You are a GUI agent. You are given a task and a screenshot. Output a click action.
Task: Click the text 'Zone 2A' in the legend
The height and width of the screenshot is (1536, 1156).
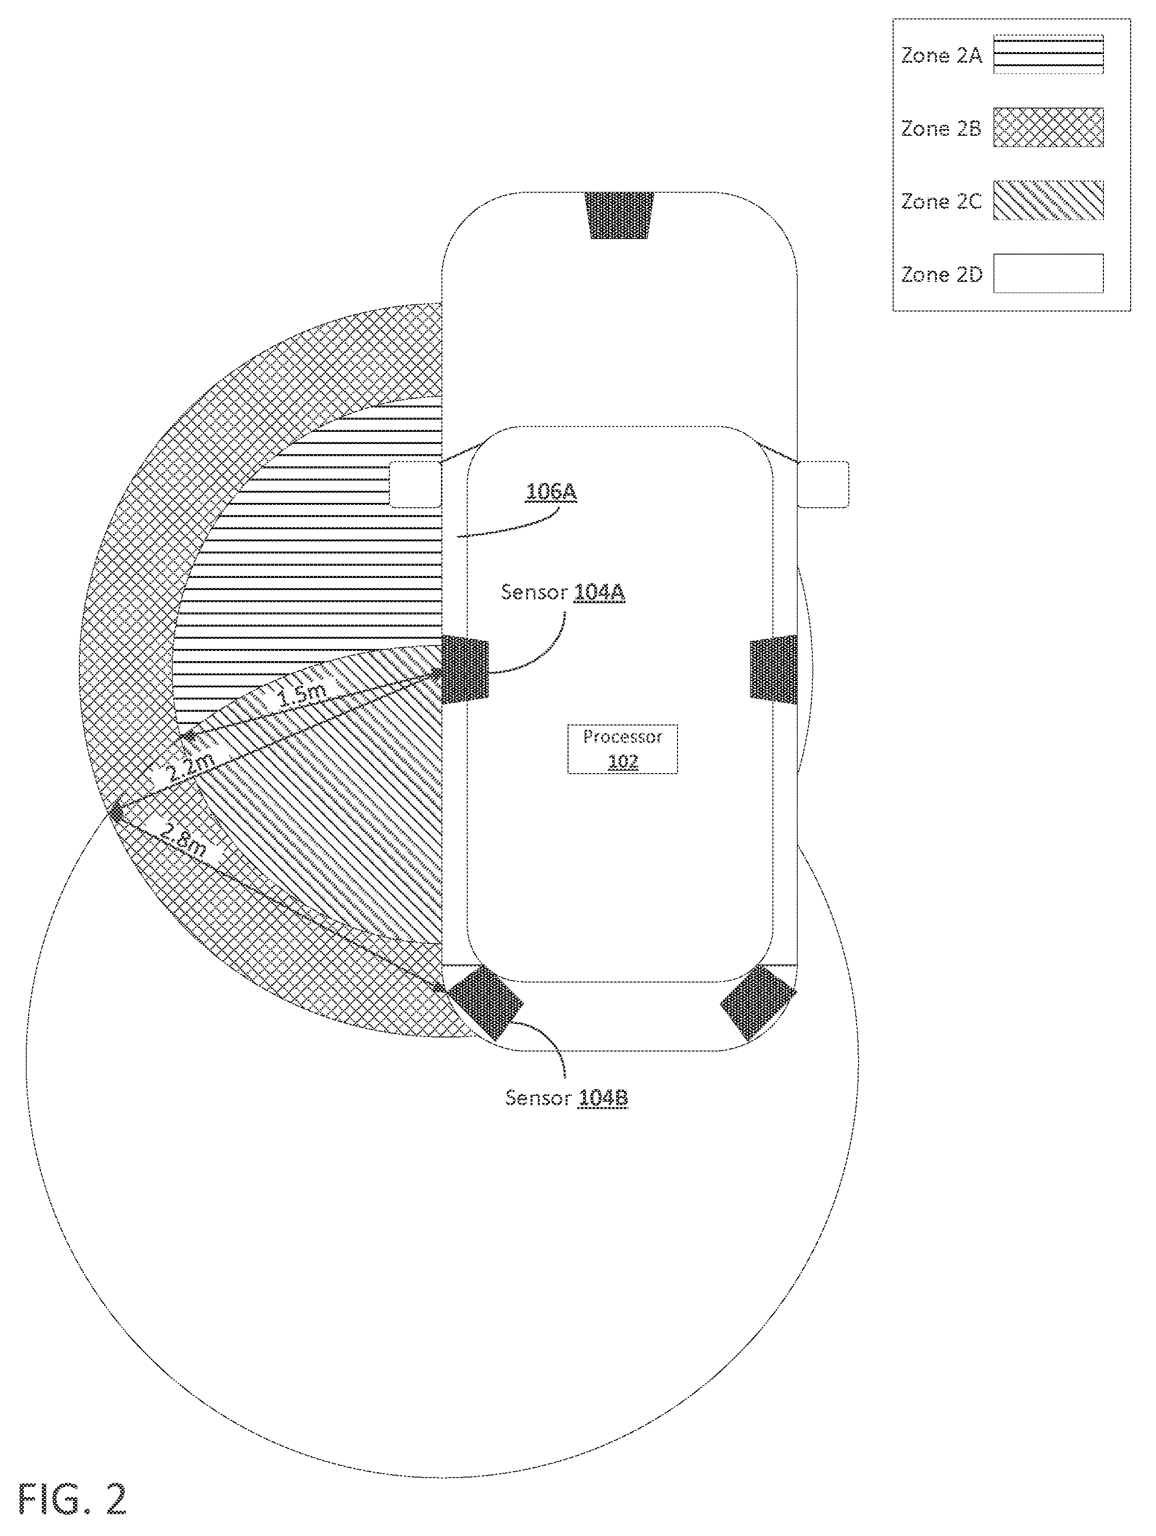coord(941,56)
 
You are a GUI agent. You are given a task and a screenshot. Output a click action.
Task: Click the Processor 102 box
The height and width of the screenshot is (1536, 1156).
coord(622,749)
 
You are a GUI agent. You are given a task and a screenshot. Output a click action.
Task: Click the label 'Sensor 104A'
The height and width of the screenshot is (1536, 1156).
coord(563,592)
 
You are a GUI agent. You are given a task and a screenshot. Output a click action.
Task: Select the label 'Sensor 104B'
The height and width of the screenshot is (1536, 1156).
coord(567,1098)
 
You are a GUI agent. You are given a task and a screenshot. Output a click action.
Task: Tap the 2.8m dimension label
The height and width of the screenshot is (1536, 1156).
coord(183,839)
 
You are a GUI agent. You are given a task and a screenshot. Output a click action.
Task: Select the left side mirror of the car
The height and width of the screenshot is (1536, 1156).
coord(415,484)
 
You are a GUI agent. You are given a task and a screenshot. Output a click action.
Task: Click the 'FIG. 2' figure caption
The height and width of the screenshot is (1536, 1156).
coord(72,1499)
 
